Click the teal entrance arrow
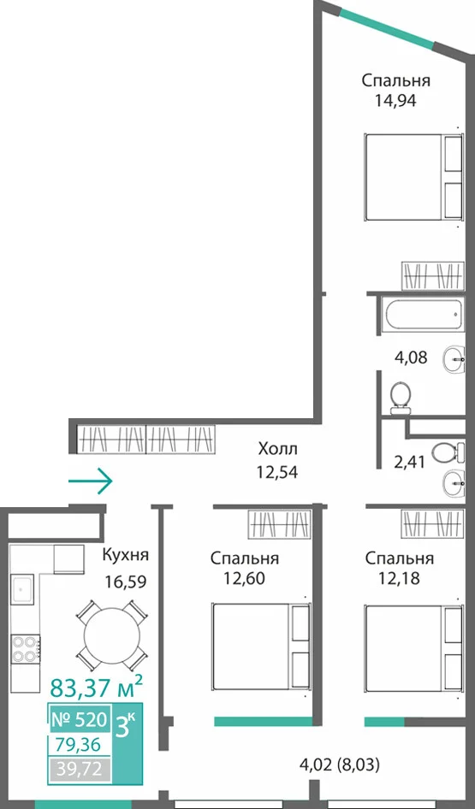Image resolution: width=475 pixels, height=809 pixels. coord(91,481)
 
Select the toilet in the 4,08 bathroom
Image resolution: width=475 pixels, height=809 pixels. coord(400,398)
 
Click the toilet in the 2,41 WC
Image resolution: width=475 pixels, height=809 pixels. coord(448,453)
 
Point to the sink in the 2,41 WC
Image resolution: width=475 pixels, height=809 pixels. coord(454,483)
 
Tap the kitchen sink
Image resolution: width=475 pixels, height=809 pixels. coord(23,588)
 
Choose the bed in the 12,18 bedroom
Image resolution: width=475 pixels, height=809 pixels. coord(413,648)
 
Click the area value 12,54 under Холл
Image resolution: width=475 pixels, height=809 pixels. coord(277,472)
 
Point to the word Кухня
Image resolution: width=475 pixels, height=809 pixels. coord(126,555)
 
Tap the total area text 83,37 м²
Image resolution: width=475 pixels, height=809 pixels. coord(96,687)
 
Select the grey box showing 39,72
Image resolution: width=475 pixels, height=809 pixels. coord(80,771)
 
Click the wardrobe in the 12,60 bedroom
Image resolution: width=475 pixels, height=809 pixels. coord(279,523)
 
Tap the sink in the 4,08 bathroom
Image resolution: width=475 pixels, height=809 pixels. coord(454,356)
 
